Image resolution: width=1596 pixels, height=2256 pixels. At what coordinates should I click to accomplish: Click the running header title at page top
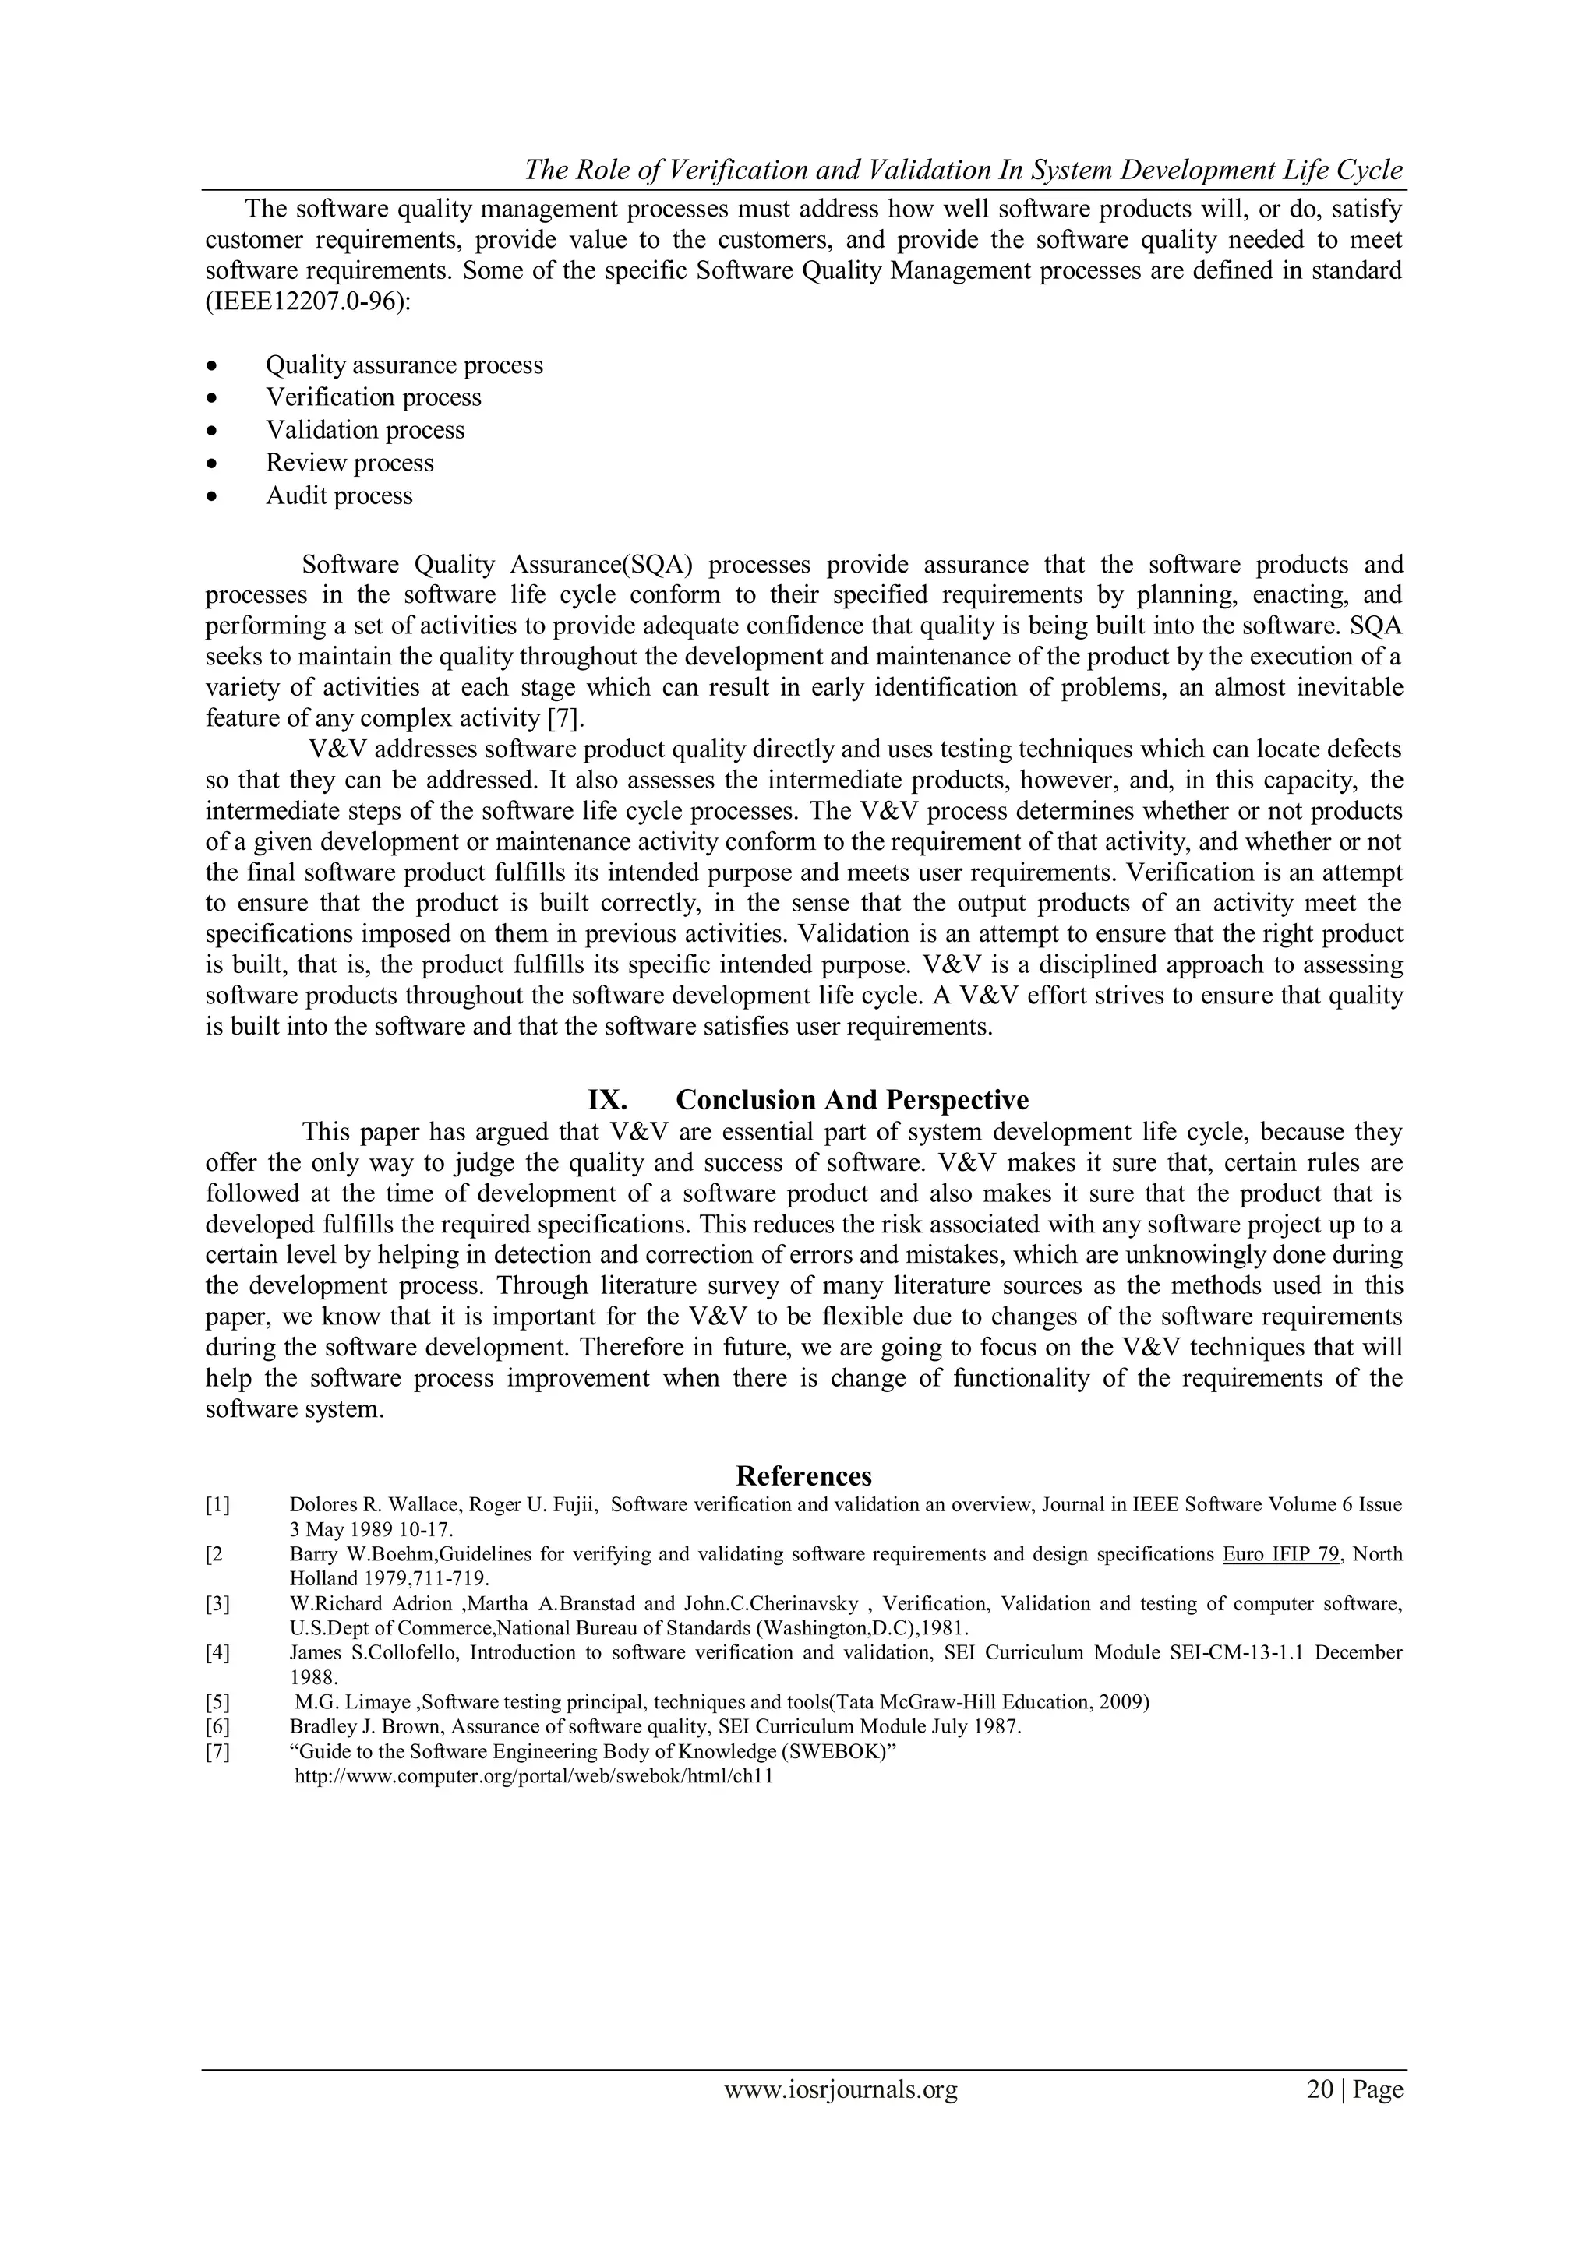tap(963, 170)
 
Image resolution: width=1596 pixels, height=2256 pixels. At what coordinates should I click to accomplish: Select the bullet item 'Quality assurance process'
tap(404, 365)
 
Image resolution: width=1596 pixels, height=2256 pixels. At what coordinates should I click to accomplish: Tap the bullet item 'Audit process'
tap(339, 496)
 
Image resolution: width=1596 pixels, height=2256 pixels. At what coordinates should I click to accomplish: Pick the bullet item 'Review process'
tap(350, 463)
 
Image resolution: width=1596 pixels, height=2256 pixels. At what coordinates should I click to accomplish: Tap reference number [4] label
tap(217, 1653)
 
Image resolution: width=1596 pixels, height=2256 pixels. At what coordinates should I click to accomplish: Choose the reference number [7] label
tap(217, 1752)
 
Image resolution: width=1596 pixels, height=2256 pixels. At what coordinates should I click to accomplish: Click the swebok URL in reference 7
tap(535, 1776)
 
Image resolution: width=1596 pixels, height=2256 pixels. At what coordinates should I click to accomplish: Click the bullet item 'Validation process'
tap(365, 430)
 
